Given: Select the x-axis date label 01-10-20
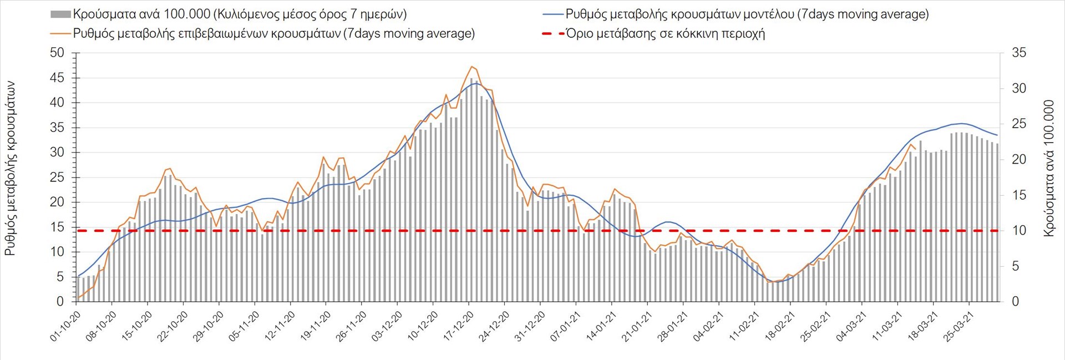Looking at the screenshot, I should pyautogui.click(x=65, y=326).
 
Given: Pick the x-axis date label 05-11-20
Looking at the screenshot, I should pyautogui.click(x=244, y=326).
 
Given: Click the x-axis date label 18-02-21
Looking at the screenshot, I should pyautogui.click(x=780, y=326).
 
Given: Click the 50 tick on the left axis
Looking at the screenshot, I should pyautogui.click(x=57, y=53).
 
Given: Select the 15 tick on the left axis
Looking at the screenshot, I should pyautogui.click(x=57, y=227).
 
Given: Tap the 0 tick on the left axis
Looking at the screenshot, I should pyautogui.click(x=60, y=302).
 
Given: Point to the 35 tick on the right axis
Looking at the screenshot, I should pyautogui.click(x=1019, y=53).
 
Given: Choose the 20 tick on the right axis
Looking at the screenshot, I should pyautogui.click(x=1019, y=160).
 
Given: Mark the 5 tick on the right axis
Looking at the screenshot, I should pyautogui.click(x=1016, y=266).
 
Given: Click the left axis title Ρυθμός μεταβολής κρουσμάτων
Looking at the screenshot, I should pyautogui.click(x=10, y=169).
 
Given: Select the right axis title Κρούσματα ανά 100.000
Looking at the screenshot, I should pyautogui.click(x=1048, y=169).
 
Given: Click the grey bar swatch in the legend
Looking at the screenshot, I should pyautogui.click(x=60, y=14).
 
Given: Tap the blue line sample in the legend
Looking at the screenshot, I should pyautogui.click(x=552, y=14).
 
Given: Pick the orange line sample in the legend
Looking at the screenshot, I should pyautogui.click(x=60, y=34).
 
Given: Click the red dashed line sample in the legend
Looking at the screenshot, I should pyautogui.click(x=552, y=34).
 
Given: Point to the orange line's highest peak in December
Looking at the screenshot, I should pyautogui.click(x=471, y=67).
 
